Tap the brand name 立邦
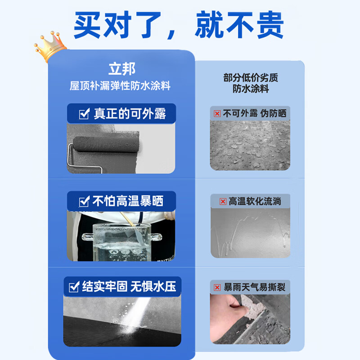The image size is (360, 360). pos(121,69)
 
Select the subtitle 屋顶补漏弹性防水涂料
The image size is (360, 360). pos(121,85)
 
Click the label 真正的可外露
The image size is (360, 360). pos(130,114)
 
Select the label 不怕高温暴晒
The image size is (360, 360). pos(127,201)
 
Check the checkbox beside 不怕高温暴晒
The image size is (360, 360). pos(84,202)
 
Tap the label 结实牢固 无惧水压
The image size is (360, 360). pos(129,286)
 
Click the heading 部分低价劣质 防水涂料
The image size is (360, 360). pos(251,83)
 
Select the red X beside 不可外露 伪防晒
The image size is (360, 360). pos(217,114)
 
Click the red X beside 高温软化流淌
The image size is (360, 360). pos(223,202)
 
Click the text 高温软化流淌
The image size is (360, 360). pos(255,202)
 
